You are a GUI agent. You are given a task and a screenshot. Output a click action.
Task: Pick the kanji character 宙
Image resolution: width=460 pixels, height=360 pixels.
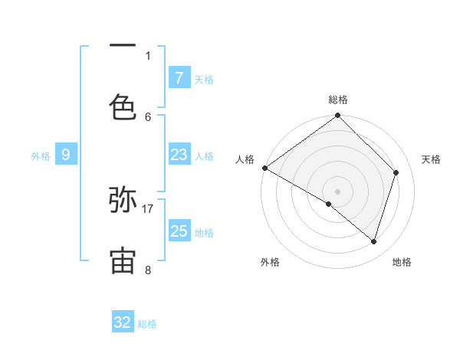click(x=123, y=261)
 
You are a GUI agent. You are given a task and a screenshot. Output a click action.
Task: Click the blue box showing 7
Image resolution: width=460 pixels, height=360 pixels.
click(x=179, y=77)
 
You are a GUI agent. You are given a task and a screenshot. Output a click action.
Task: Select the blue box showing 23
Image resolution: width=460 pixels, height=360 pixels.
click(x=179, y=155)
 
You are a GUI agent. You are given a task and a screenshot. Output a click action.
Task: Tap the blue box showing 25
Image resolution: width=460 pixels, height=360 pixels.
click(x=179, y=231)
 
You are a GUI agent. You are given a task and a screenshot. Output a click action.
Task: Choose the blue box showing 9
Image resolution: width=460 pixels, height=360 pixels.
click(x=66, y=155)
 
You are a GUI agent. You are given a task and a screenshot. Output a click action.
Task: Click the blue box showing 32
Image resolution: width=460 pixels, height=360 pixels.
click(x=123, y=322)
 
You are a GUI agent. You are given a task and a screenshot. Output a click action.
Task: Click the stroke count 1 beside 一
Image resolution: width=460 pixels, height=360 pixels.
click(x=148, y=56)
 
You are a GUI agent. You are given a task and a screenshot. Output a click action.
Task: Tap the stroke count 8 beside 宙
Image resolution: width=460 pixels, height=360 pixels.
click(x=148, y=270)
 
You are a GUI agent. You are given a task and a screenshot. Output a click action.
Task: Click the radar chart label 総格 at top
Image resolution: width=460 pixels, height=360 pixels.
click(x=338, y=100)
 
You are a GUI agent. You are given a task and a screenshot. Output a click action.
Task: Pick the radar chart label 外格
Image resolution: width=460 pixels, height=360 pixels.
click(x=270, y=262)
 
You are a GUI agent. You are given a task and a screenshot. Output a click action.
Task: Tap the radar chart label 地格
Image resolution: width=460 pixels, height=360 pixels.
click(x=402, y=262)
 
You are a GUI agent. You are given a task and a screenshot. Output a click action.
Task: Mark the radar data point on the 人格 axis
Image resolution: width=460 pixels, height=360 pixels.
click(x=264, y=168)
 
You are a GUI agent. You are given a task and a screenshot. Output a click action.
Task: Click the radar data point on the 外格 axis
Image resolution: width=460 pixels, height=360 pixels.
click(x=329, y=204)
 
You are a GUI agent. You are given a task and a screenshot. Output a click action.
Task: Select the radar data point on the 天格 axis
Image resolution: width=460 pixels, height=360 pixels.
click(x=396, y=172)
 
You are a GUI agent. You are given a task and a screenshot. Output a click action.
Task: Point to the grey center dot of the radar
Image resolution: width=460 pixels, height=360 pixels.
click(x=338, y=191)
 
